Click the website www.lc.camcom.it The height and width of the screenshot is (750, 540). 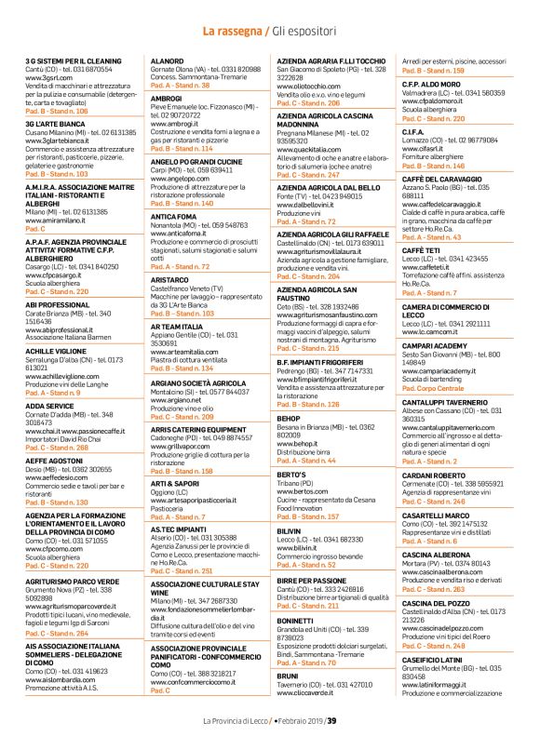point(434,330)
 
